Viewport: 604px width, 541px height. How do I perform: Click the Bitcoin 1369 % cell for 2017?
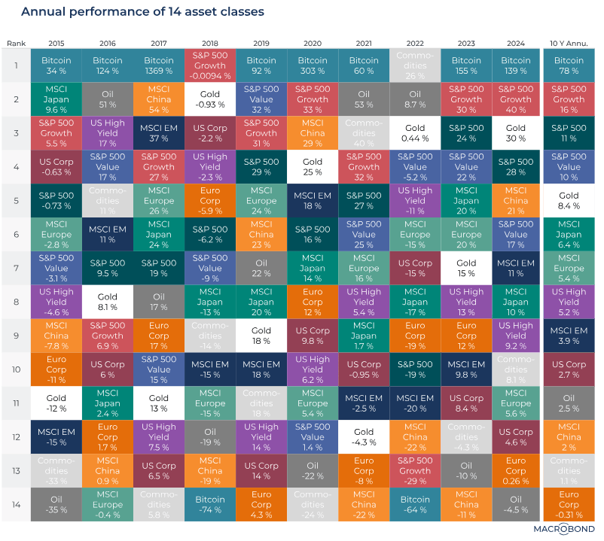[158, 66]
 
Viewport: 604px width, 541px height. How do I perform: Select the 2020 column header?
[313, 43]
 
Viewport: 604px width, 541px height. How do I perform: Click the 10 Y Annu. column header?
[569, 43]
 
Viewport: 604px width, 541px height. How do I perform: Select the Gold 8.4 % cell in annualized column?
[569, 200]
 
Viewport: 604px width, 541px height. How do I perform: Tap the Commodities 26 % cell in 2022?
[415, 66]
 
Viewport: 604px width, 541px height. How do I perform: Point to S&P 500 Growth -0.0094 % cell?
[209, 66]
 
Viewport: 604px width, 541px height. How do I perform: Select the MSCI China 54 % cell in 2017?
[158, 99]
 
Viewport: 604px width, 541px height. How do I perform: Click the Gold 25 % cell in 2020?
[313, 167]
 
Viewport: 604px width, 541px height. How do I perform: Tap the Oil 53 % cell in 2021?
[364, 99]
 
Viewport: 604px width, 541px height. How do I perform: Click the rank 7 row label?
[16, 267]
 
